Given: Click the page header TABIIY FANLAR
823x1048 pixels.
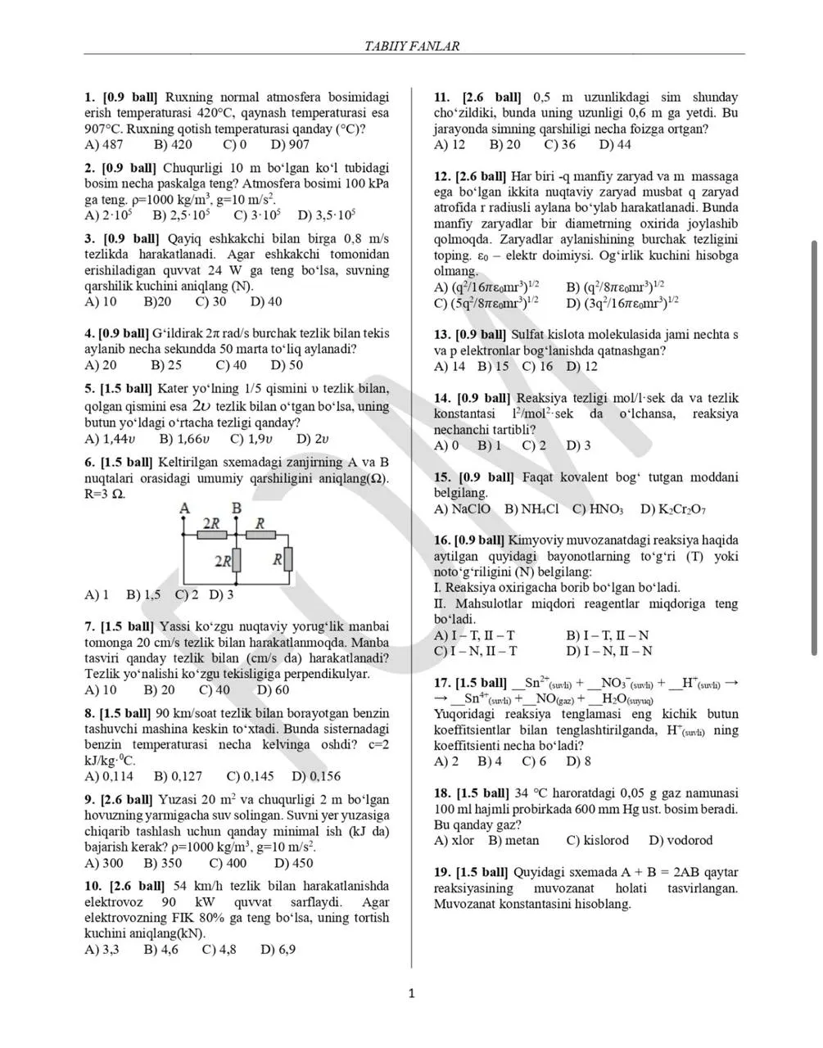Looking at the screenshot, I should [x=411, y=46].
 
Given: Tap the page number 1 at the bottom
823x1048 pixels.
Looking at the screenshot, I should [x=411, y=994].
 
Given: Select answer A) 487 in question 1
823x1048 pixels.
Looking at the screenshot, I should [x=104, y=145].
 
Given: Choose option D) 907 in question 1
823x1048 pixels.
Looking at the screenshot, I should [x=290, y=145].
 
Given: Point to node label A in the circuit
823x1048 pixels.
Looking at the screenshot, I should [x=184, y=508].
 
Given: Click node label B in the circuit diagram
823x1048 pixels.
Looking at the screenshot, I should [x=236, y=508].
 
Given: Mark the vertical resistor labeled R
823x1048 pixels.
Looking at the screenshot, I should [x=288, y=560].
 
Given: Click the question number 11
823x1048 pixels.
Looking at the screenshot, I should [x=441, y=97].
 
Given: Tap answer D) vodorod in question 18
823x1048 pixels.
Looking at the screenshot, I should [x=681, y=841].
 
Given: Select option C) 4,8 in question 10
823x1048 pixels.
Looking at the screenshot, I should [x=219, y=950].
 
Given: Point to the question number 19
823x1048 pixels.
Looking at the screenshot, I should [x=441, y=873].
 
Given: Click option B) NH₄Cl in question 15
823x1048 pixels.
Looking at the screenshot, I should [x=531, y=509].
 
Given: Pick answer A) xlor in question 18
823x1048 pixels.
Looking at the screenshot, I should [x=454, y=841].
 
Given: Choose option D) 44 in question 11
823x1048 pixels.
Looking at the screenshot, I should [x=615, y=145].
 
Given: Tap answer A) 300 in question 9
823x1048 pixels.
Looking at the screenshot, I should [x=104, y=863].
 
